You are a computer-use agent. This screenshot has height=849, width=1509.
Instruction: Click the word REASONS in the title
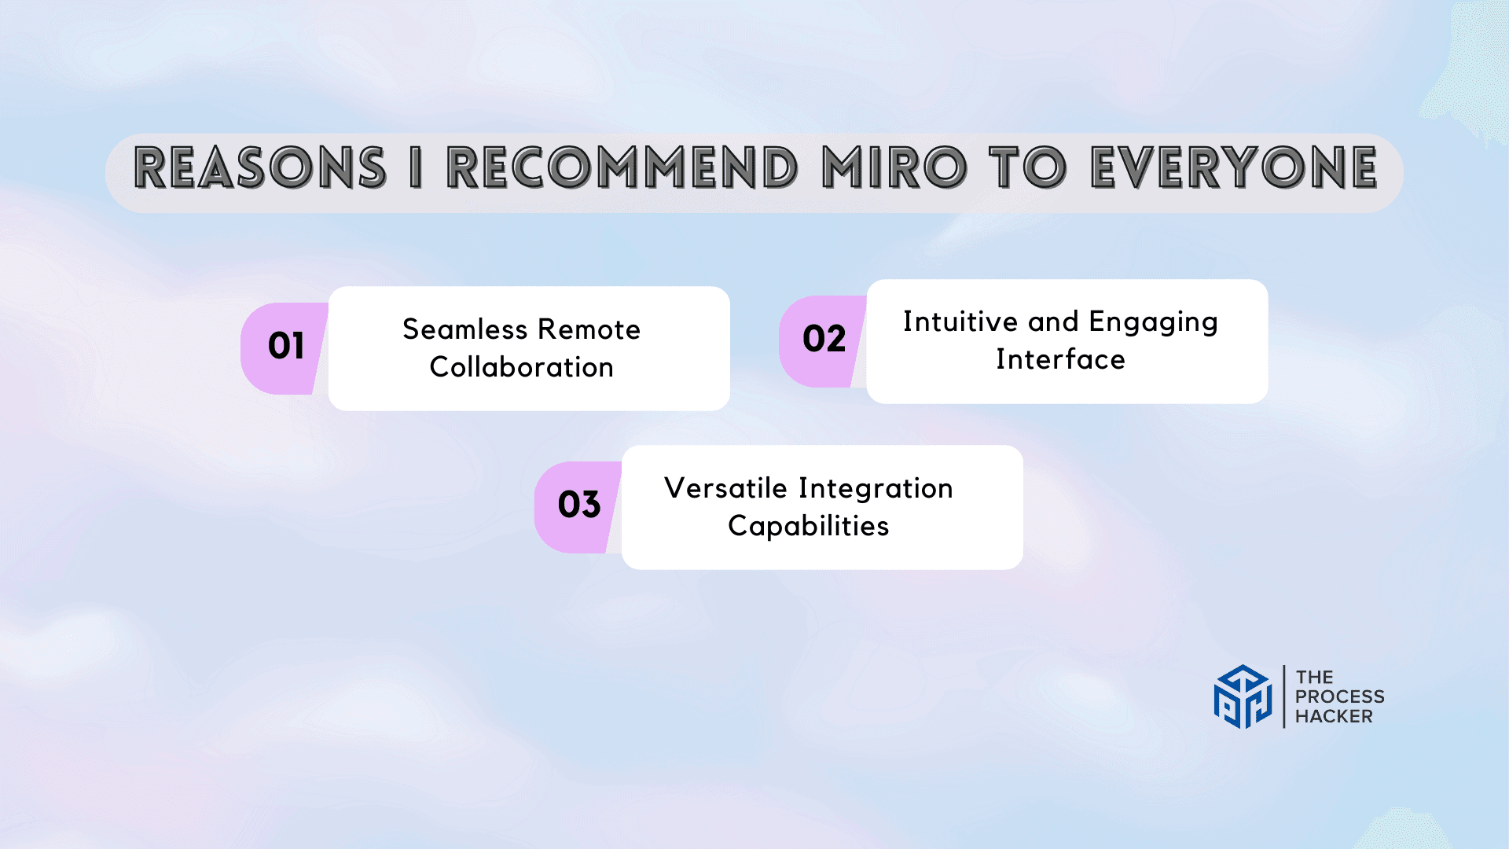click(260, 167)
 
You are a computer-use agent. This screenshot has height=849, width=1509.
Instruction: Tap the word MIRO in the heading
click(894, 167)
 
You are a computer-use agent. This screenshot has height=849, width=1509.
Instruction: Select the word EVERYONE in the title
click(1234, 167)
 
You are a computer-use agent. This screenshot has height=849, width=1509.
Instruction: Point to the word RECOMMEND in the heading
click(622, 167)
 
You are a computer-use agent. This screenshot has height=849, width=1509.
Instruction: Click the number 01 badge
click(285, 348)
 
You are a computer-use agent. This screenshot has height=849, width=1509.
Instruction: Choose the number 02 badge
click(823, 341)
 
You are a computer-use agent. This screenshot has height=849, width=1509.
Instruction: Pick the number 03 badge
click(578, 507)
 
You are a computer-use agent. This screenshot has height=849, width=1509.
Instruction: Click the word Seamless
click(465, 329)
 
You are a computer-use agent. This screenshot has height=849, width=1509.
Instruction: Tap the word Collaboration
click(521, 367)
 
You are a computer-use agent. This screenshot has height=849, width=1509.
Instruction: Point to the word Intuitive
click(960, 322)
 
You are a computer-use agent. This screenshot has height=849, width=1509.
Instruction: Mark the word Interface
click(1060, 359)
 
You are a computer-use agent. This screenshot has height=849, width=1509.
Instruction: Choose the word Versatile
click(725, 488)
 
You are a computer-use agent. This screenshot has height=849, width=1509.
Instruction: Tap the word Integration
click(876, 489)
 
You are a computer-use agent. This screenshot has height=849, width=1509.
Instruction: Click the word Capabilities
click(808, 526)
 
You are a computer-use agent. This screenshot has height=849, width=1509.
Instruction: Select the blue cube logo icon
click(1243, 696)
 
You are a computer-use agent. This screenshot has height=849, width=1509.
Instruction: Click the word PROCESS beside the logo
click(1340, 696)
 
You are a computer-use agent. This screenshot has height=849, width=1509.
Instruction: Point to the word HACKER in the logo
click(1334, 716)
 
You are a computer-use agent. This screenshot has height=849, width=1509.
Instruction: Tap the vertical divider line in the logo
click(1284, 696)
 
